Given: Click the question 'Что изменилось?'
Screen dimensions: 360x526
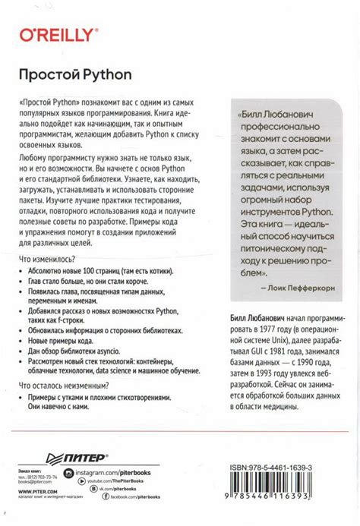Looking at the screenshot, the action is tap(47, 260).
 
